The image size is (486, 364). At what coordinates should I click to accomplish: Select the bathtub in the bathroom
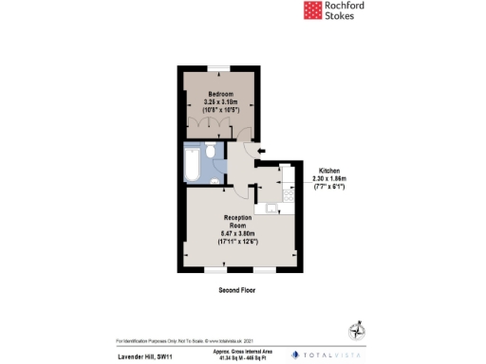click(x=191, y=165)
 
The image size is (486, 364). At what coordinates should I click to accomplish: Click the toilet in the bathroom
click(x=215, y=176)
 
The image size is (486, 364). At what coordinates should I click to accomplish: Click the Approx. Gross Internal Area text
click(x=236, y=349)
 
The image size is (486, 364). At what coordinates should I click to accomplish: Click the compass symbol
click(x=358, y=330)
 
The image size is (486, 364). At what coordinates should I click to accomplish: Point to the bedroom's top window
click(x=221, y=67)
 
